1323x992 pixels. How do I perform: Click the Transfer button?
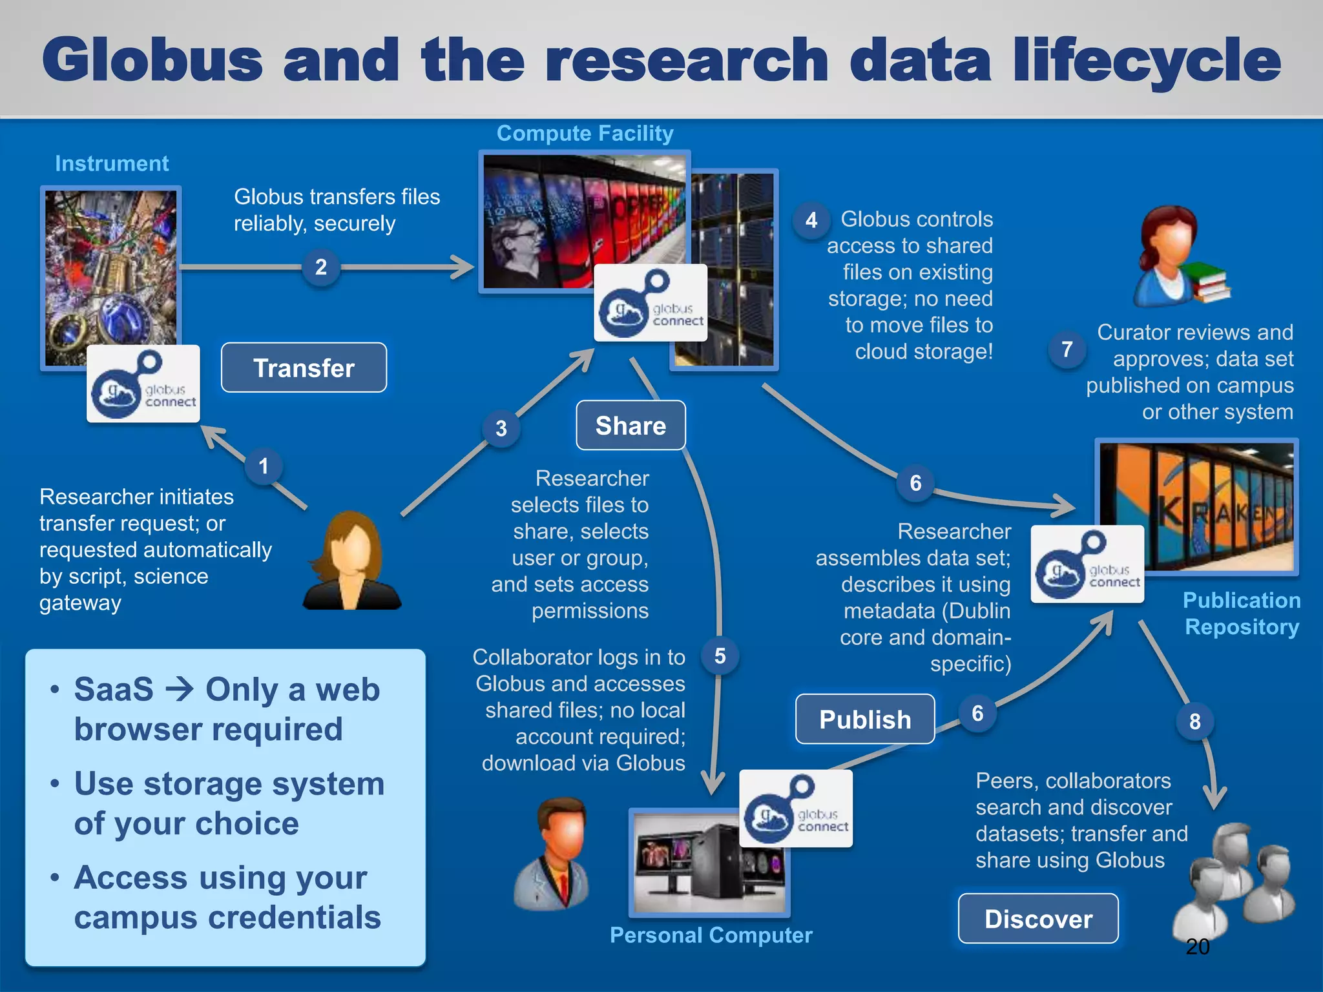(x=304, y=367)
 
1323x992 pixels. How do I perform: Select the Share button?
(x=630, y=426)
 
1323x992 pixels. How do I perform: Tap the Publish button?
(x=865, y=719)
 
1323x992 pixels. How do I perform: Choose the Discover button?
(x=1038, y=918)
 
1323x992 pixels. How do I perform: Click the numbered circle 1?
(x=264, y=466)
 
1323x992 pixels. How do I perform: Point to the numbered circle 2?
(x=321, y=267)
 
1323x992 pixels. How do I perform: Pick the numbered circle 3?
(x=501, y=428)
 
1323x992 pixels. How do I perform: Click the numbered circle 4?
(x=811, y=221)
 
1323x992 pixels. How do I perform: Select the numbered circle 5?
(x=720, y=656)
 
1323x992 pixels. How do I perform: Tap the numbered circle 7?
(x=1067, y=349)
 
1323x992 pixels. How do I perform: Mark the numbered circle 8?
(x=1195, y=721)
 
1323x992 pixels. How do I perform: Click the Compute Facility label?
(x=585, y=133)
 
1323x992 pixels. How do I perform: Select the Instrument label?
(x=112, y=163)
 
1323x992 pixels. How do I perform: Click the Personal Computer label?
(x=711, y=935)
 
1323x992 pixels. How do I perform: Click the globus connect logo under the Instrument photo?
(x=143, y=384)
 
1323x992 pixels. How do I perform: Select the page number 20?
(x=1197, y=947)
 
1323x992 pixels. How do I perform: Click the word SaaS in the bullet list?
(x=114, y=689)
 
